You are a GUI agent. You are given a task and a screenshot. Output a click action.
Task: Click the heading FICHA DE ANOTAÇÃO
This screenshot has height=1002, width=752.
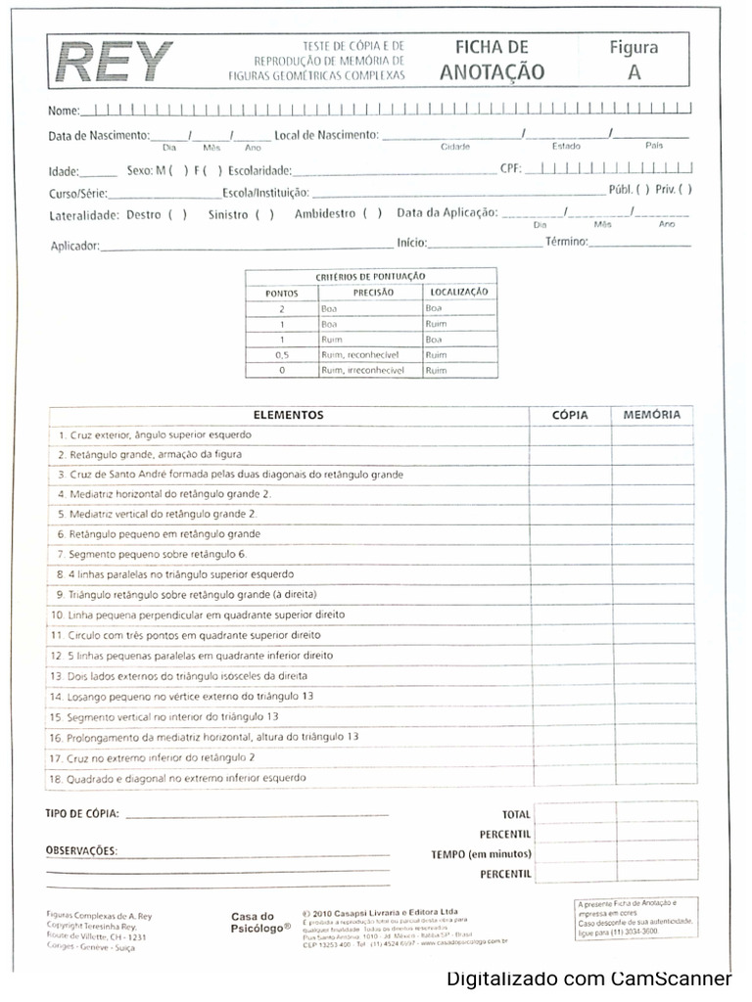point(492,60)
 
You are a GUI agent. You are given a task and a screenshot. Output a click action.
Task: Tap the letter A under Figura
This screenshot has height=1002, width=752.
point(634,71)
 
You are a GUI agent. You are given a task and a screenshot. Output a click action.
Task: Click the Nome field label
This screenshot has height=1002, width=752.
point(63,111)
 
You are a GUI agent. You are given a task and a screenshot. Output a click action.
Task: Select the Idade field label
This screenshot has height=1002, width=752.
point(63,171)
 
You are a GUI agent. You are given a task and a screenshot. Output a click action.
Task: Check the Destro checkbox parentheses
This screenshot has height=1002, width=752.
point(177,214)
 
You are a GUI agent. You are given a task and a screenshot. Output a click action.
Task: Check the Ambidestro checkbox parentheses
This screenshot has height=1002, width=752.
point(372,213)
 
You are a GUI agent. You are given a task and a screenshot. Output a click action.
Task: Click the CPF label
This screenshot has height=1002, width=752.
point(510,168)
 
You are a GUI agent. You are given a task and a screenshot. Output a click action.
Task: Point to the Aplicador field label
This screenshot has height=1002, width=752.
point(74,247)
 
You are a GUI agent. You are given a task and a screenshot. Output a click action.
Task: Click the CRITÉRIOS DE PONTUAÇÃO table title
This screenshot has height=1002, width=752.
point(370,277)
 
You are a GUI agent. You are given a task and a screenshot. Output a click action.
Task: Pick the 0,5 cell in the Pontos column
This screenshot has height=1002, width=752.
point(281,355)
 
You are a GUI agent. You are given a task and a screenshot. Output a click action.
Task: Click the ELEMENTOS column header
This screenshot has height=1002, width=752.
point(288,415)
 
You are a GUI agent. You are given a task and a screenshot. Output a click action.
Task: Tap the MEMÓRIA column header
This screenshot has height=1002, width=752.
point(651,415)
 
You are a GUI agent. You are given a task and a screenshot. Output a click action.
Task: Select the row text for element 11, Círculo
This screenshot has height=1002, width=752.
point(186,635)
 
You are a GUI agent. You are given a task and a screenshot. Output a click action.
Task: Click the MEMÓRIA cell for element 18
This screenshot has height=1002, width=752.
point(653,777)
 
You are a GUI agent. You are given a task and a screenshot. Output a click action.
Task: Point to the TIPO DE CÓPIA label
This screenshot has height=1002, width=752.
point(82,813)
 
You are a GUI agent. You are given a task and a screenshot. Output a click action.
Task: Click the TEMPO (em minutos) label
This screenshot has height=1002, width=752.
point(481,854)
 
